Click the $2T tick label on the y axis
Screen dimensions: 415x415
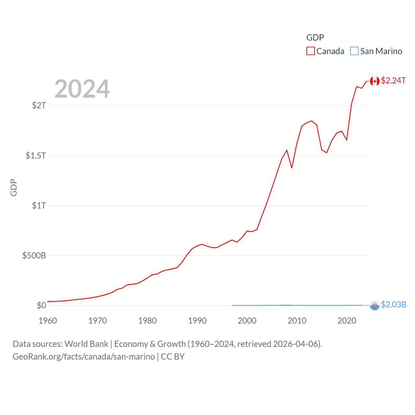tap(39, 105)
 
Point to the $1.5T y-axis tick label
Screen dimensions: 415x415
tap(36, 156)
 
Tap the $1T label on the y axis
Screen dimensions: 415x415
tap(39, 206)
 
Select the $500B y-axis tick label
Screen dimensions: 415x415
tap(34, 255)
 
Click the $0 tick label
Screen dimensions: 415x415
tap(41, 305)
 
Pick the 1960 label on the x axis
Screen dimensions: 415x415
tap(48, 321)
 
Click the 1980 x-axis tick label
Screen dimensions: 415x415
tap(148, 321)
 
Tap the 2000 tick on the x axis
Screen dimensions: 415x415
tap(247, 321)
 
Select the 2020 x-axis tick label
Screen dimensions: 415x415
tap(347, 321)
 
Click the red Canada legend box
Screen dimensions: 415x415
tap(311, 51)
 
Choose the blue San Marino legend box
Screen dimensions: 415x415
tap(354, 51)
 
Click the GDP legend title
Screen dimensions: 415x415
tap(315, 38)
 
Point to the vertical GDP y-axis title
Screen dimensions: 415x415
tap(14, 187)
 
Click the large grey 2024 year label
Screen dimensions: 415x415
tap(82, 89)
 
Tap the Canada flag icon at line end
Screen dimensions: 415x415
tap(375, 81)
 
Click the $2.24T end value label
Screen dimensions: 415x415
tap(393, 80)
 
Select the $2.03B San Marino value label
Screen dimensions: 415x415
tap(394, 304)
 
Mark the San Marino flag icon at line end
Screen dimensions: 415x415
tap(375, 305)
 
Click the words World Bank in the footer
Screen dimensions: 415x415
tap(87, 344)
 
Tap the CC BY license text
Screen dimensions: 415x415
tap(173, 357)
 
